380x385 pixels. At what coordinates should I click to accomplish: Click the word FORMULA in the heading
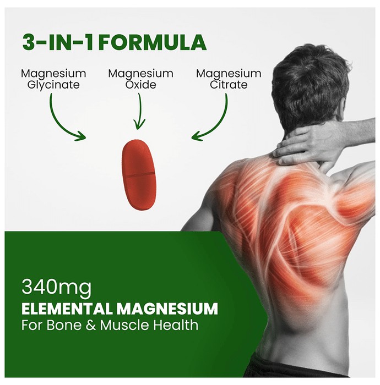(154, 42)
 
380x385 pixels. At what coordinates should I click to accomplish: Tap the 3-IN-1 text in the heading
(58, 42)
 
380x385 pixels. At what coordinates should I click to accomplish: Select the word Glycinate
(53, 85)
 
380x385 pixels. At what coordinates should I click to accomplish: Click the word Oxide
(141, 85)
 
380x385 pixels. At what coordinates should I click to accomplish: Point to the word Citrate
(229, 85)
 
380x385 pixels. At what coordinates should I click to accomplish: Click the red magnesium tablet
(139, 174)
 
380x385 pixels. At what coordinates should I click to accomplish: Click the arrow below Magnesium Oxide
(140, 111)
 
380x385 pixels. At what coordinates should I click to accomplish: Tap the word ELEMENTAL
(67, 309)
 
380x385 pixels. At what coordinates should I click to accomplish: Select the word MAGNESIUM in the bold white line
(167, 309)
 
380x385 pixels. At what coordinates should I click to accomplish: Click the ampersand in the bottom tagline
(91, 325)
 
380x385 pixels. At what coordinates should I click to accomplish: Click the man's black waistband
(302, 367)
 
